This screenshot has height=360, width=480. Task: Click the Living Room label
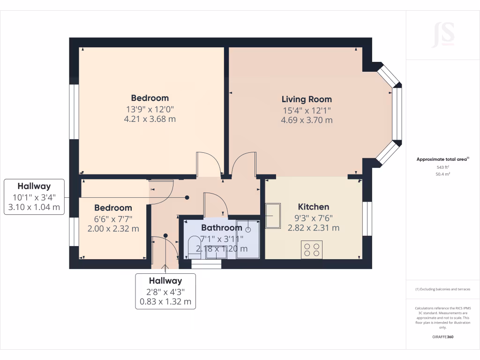point(307,99)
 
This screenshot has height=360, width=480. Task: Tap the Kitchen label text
point(314,207)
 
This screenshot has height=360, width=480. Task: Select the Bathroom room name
point(221,228)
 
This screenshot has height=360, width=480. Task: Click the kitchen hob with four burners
point(312,249)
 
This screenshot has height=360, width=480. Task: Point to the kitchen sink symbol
point(273,215)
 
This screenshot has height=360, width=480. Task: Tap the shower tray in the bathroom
point(247,239)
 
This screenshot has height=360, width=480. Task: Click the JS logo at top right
point(443,34)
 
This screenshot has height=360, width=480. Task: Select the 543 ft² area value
point(442,167)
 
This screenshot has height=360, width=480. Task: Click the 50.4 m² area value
point(442,174)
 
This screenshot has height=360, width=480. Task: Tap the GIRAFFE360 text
point(442,337)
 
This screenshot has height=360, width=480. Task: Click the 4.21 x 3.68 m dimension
point(150,119)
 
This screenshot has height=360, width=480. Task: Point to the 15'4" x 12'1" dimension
point(307,111)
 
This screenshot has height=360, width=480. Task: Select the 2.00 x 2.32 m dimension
point(113,229)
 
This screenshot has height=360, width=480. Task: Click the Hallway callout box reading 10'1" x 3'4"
point(34,197)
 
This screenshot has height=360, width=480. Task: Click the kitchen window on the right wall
point(367,218)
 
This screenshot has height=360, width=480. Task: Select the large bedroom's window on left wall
point(74,112)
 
